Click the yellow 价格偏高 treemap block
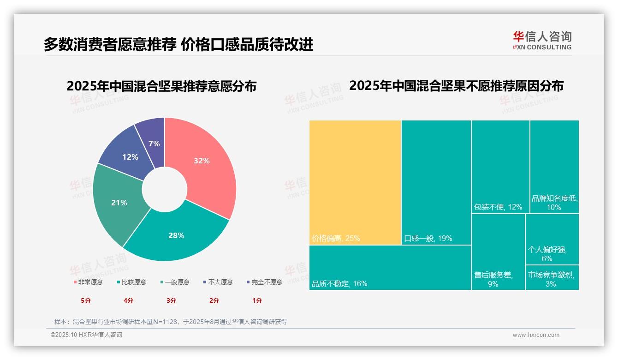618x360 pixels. [x=355, y=182]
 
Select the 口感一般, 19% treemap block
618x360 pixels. [x=436, y=182]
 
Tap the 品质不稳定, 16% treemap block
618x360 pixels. [x=390, y=267]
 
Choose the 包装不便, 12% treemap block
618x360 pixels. [x=500, y=167]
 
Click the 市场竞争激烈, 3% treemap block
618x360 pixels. [x=552, y=278]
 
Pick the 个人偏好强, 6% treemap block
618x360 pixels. [x=552, y=240]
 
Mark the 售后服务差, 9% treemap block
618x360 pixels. [x=498, y=252]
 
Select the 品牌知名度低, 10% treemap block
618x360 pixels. [x=554, y=167]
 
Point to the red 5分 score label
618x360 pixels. [x=86, y=300]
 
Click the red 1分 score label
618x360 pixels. [x=257, y=300]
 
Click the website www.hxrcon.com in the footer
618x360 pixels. [x=536, y=335]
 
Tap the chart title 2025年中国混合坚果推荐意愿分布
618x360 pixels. [x=161, y=86]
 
